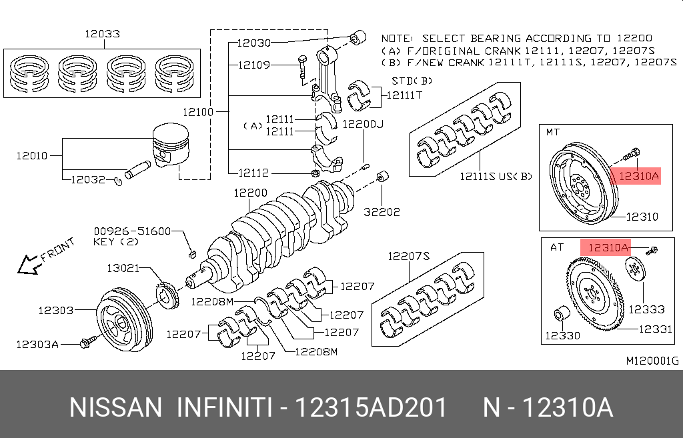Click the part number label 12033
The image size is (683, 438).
(x=102, y=33)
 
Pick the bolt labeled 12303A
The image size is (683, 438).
(x=85, y=343)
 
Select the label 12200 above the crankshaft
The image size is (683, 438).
(x=250, y=193)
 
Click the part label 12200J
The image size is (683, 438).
(x=364, y=124)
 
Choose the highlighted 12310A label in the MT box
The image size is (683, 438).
(x=638, y=176)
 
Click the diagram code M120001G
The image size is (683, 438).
(x=652, y=361)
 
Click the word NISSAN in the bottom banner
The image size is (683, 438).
(x=115, y=407)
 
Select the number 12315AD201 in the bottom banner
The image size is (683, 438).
(x=371, y=407)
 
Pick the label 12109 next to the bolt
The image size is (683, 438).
(x=254, y=65)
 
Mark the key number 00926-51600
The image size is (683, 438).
(x=133, y=231)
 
